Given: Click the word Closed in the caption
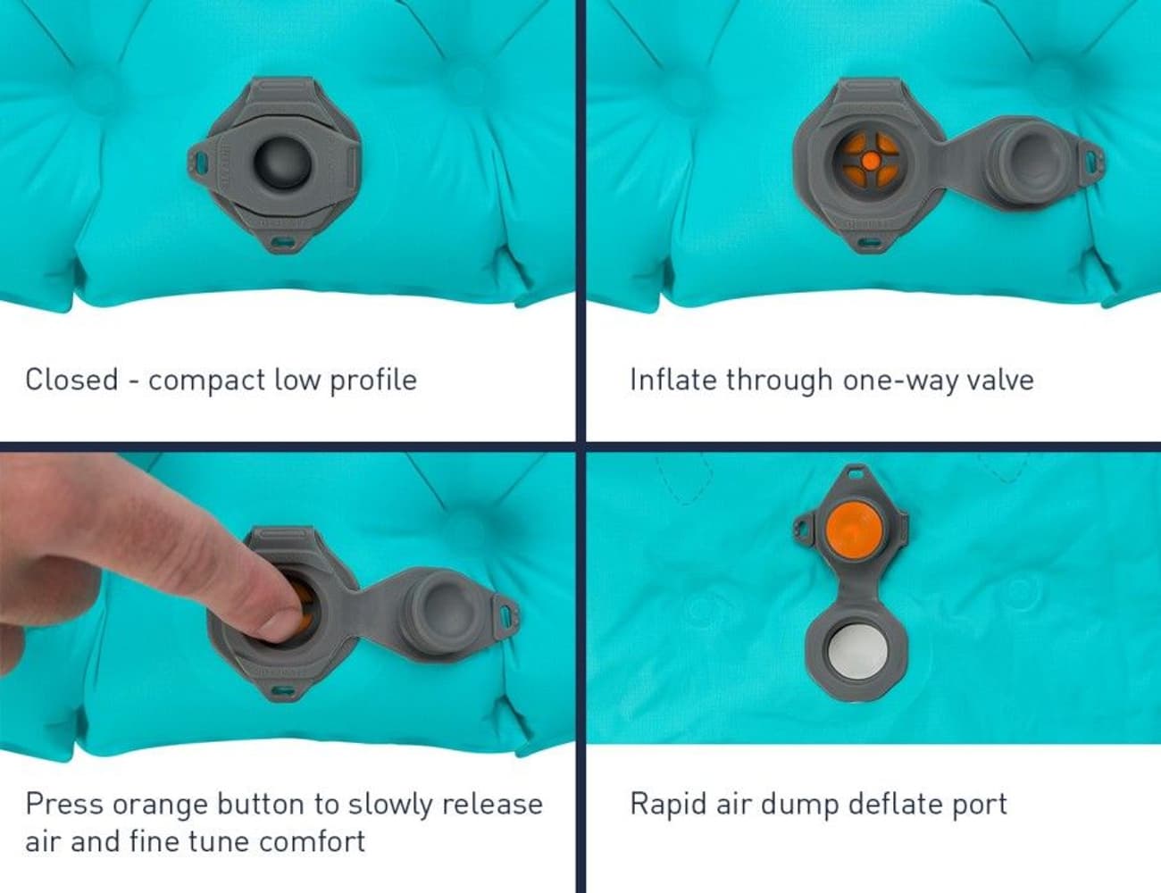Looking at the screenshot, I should click(x=71, y=380).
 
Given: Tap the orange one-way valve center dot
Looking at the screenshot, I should click(x=868, y=162).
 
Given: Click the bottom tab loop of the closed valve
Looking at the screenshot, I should click(x=283, y=241).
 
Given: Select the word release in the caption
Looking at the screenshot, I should click(x=492, y=805).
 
